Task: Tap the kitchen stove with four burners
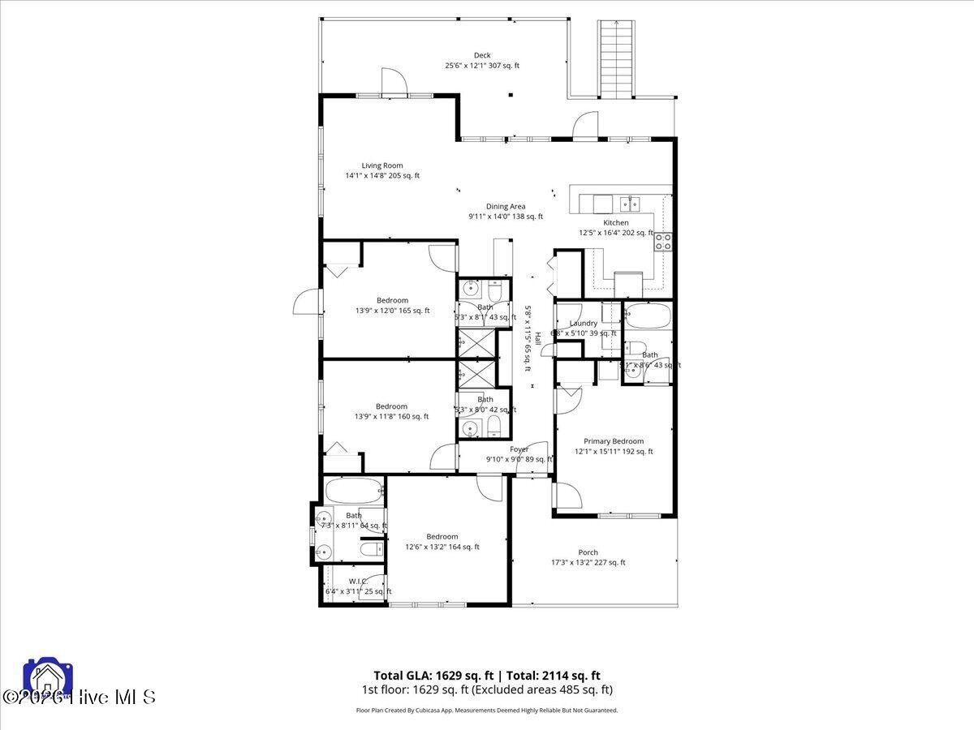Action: pyautogui.click(x=663, y=240)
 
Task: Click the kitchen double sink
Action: pyautogui.click(x=630, y=203)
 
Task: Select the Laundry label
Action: pyautogui.click(x=583, y=324)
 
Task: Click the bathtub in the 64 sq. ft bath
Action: pyautogui.click(x=353, y=491)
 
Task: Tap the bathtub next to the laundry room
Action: pyautogui.click(x=647, y=315)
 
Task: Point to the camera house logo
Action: pyautogui.click(x=48, y=678)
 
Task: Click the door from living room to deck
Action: pyautogui.click(x=392, y=83)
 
